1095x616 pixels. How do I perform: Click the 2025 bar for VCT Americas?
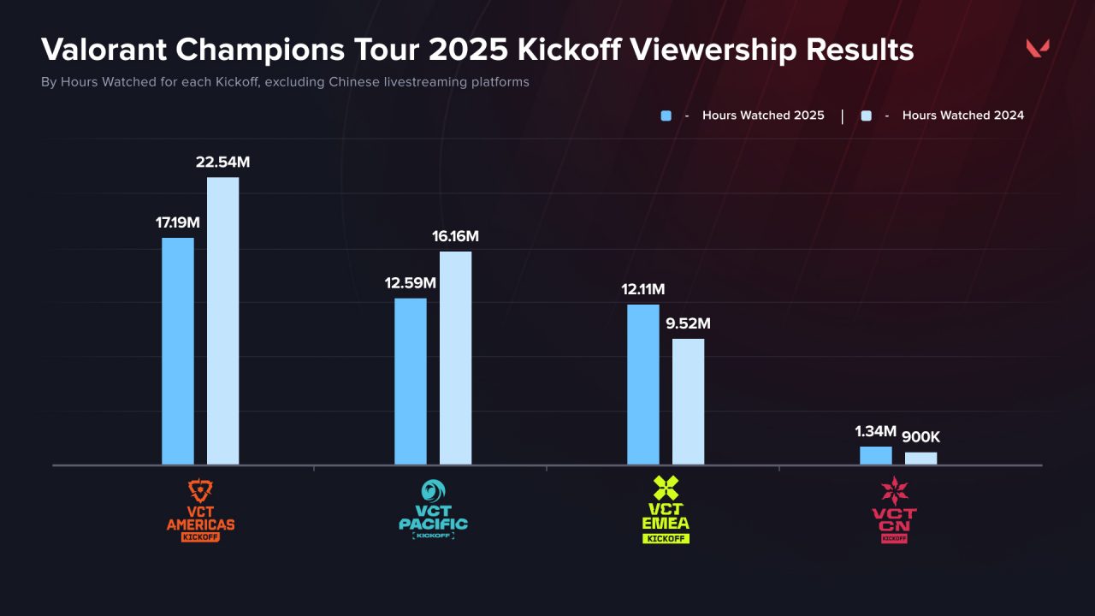[x=178, y=351]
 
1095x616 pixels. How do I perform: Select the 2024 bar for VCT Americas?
[x=222, y=321]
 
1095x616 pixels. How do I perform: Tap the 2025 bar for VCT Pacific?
[x=411, y=382]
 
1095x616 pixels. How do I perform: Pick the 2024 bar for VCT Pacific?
[x=455, y=358]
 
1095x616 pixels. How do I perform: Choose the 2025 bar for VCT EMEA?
[x=643, y=384]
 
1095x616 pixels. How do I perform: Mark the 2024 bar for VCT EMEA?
[x=688, y=401]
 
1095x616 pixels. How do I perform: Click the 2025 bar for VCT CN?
[x=876, y=455]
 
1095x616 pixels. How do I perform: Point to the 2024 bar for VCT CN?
[x=920, y=459]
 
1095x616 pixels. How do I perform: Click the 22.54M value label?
[x=222, y=163]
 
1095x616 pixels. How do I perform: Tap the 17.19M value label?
[x=178, y=222]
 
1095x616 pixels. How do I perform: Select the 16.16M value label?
[x=455, y=237]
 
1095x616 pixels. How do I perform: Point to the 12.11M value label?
[x=643, y=290]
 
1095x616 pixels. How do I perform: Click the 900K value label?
[x=920, y=438]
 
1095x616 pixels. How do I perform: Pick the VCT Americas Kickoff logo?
[x=200, y=511]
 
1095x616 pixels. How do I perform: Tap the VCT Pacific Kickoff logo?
[x=433, y=511]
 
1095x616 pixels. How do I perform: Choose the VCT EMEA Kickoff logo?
[x=666, y=511]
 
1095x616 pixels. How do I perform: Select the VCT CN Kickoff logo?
[x=894, y=510]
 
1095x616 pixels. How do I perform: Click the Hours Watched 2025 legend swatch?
[x=666, y=115]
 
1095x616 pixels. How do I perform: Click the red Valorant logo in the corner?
[x=1038, y=49]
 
